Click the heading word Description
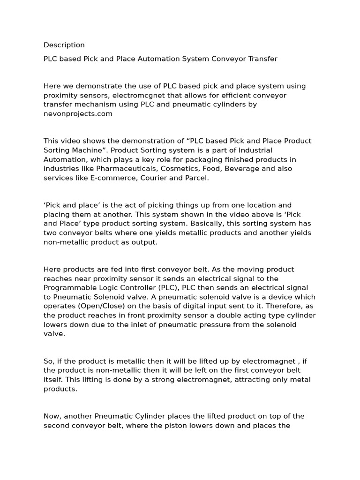point(64,45)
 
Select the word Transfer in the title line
point(260,59)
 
